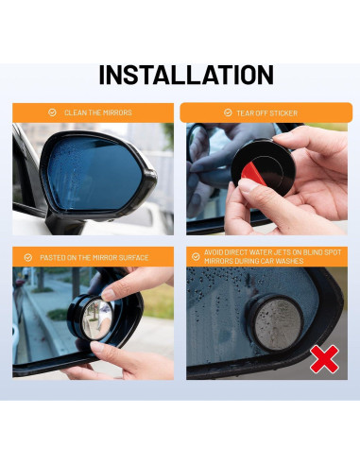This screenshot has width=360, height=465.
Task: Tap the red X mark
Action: click(326, 359)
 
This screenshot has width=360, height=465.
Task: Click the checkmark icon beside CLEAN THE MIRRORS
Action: click(52, 112)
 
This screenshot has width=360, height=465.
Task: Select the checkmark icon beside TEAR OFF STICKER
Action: click(228, 112)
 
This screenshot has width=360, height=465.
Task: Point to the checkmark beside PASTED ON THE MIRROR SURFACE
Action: click(28, 257)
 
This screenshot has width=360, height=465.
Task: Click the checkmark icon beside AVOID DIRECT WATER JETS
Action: click(196, 256)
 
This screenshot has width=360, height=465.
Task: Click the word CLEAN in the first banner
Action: click(74, 112)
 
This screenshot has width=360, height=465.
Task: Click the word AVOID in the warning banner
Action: click(215, 252)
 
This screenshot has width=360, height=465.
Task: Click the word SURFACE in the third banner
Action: click(132, 257)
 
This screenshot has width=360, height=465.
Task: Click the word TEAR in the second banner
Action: click(246, 112)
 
